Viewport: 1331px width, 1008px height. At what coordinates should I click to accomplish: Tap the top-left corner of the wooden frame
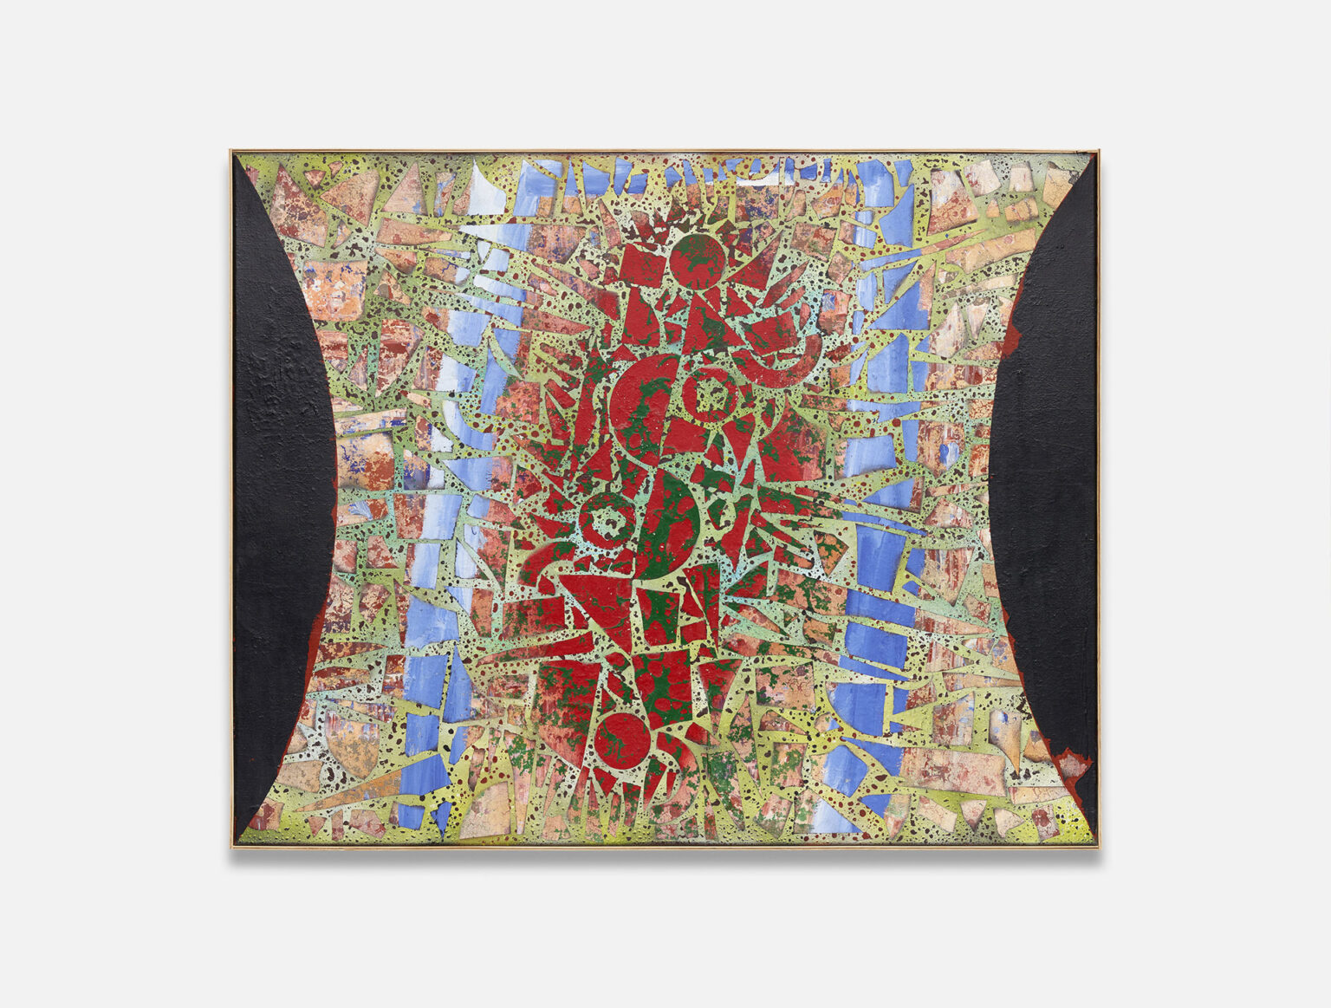[231, 151]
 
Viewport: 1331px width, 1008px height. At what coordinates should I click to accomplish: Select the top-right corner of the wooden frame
[1101, 151]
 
